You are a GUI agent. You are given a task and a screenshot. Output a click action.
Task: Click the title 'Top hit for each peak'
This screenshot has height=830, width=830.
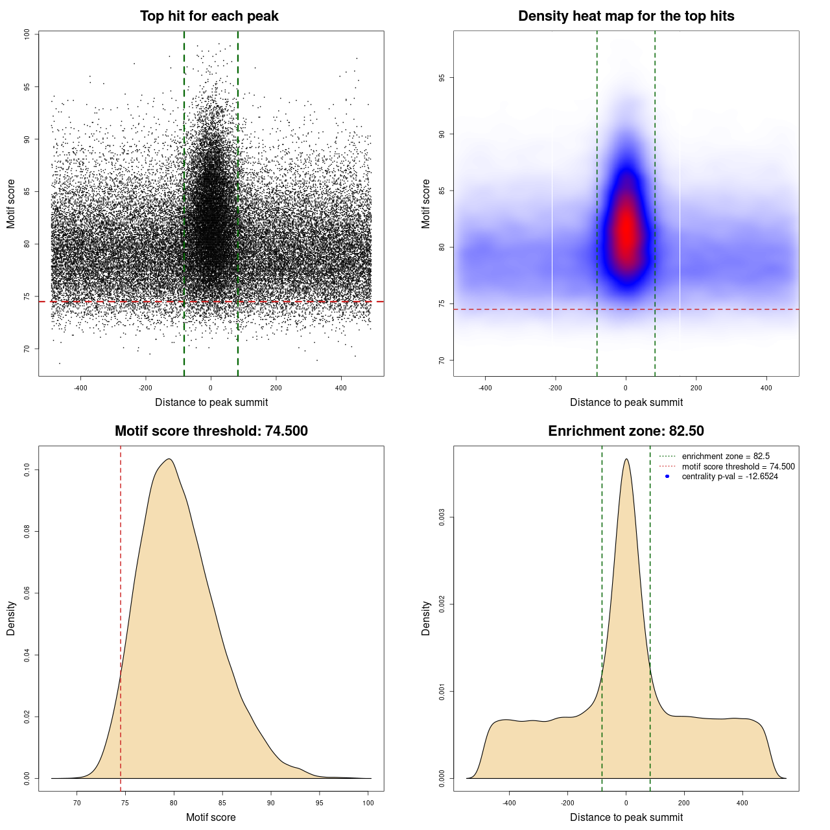pyautogui.click(x=209, y=16)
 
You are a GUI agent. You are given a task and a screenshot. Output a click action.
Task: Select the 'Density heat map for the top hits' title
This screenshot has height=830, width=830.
pyautogui.click(x=626, y=16)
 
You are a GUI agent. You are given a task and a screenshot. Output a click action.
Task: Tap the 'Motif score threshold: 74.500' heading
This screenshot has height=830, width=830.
pyautogui.click(x=211, y=431)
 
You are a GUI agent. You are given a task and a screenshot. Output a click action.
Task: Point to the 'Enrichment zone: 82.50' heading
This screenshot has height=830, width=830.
pyautogui.click(x=626, y=431)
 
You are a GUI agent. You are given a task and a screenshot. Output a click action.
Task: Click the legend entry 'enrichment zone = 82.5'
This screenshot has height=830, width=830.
pyautogui.click(x=726, y=456)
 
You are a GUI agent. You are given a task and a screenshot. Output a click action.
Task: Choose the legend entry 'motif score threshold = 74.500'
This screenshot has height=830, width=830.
pyautogui.click(x=738, y=467)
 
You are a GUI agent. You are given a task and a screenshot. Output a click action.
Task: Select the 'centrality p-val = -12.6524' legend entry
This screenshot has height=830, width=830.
pyautogui.click(x=729, y=477)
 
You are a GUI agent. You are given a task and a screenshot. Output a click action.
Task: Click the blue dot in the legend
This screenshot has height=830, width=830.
pyautogui.click(x=667, y=477)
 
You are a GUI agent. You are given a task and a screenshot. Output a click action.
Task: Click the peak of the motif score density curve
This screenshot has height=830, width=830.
pyautogui.click(x=169, y=459)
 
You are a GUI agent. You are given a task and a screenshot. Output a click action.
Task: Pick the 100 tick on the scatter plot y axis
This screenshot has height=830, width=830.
pyautogui.click(x=27, y=34)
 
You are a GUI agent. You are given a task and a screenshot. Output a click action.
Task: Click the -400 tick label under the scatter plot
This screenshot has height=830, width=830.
pyautogui.click(x=80, y=388)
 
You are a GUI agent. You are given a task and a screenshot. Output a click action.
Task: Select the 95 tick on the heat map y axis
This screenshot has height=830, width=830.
pyautogui.click(x=442, y=78)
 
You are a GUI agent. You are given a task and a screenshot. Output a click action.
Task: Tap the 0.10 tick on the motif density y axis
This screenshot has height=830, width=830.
pyautogui.click(x=27, y=469)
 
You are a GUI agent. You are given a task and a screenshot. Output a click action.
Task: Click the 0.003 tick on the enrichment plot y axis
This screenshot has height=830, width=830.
pyautogui.click(x=442, y=517)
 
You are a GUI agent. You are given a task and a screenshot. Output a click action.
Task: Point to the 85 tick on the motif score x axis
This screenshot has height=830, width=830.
pyautogui.click(x=222, y=803)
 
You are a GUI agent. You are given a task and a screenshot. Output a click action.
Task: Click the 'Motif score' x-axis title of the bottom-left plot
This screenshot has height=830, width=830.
pyautogui.click(x=211, y=818)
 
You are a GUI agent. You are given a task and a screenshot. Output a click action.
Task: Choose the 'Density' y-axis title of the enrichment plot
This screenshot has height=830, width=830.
pyautogui.click(x=426, y=618)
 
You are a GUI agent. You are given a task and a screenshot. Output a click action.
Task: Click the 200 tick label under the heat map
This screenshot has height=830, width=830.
pyautogui.click(x=696, y=388)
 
